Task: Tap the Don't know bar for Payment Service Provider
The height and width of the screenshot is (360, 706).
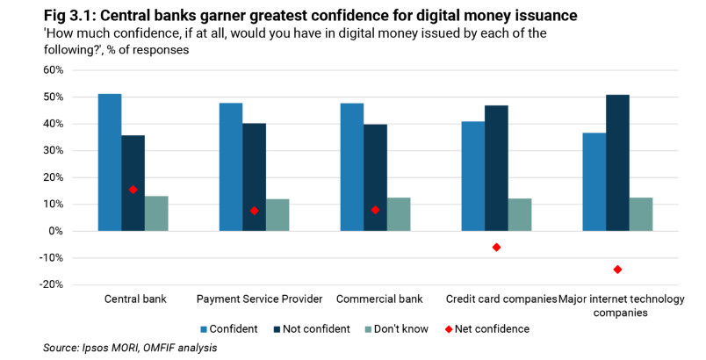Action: click(277, 215)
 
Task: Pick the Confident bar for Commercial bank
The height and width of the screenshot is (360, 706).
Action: click(352, 167)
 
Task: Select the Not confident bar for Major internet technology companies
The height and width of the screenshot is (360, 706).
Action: click(617, 162)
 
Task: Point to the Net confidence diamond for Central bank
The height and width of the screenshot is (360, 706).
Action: click(133, 190)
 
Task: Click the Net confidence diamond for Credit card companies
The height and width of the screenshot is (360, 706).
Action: click(496, 248)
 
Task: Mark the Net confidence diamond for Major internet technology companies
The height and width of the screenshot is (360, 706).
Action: click(617, 270)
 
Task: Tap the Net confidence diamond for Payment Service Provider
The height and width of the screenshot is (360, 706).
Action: click(254, 211)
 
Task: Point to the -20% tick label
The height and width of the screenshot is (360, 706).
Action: click(51, 285)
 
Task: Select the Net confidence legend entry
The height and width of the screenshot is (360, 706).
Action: click(491, 328)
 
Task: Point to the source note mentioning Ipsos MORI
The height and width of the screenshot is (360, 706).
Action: click(130, 349)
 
